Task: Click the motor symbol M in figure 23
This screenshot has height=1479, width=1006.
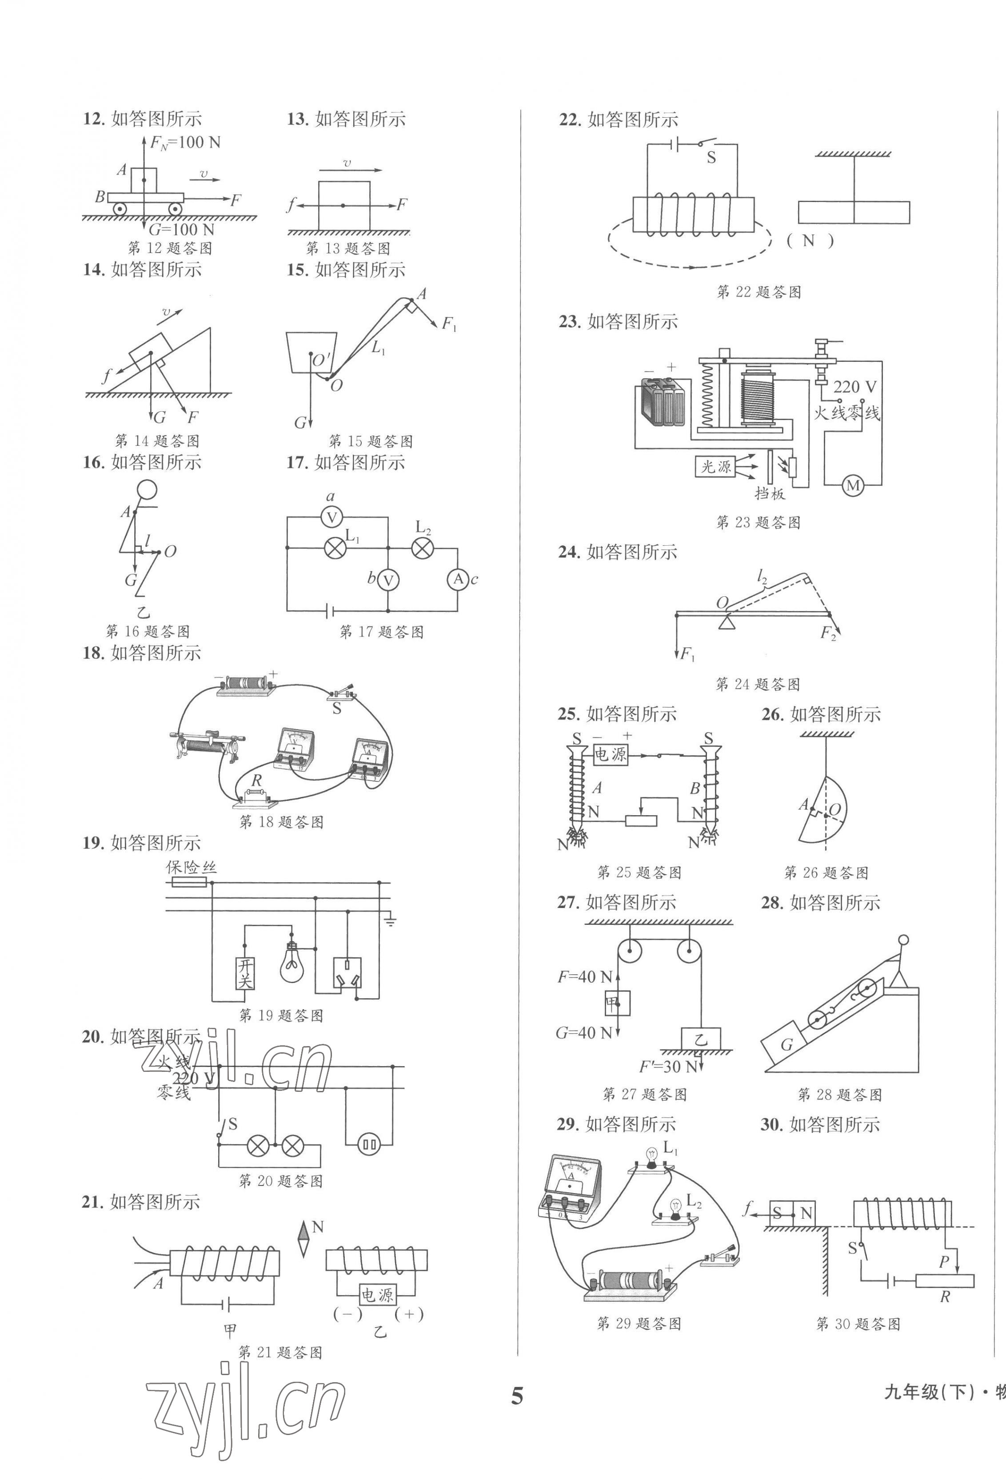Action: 853,486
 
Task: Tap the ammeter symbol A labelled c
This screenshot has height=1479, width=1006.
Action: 457,579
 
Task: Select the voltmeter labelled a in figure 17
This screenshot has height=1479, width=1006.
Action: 331,517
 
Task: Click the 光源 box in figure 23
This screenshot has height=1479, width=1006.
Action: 716,467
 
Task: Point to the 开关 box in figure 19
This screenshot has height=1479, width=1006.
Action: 245,974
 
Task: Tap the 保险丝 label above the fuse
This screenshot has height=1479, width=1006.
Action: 191,867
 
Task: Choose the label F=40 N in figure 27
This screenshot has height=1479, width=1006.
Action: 584,975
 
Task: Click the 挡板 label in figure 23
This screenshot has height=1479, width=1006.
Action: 770,493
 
